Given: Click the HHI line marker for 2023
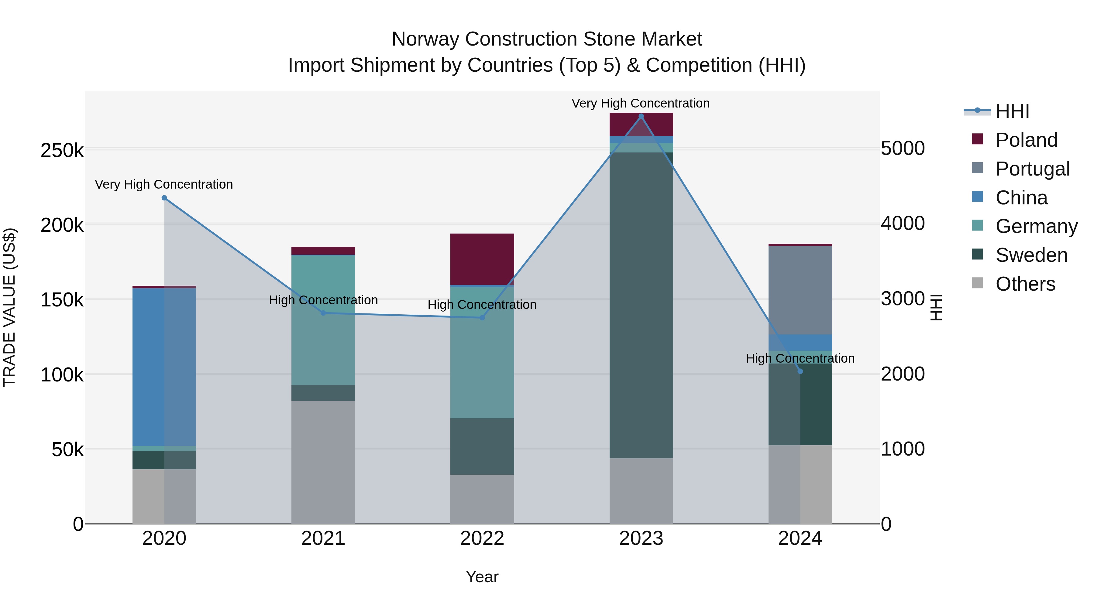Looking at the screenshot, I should click(641, 116).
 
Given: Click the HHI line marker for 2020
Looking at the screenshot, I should click(164, 198).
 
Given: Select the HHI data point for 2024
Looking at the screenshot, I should click(800, 371).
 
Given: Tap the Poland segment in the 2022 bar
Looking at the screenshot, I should click(482, 259).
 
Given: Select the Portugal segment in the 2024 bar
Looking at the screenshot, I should click(800, 290).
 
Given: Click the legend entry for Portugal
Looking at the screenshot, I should click(1032, 169).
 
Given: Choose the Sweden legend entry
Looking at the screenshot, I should click(1031, 255).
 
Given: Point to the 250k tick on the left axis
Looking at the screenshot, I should click(62, 151).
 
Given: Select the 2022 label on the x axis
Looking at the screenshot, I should click(482, 538).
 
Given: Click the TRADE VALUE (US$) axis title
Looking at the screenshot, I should click(10, 307).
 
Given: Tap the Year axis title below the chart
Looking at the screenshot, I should click(482, 577).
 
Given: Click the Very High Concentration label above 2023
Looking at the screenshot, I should click(640, 103).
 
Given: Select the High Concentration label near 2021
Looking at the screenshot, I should click(323, 300).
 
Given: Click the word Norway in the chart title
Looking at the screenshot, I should click(425, 39).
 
